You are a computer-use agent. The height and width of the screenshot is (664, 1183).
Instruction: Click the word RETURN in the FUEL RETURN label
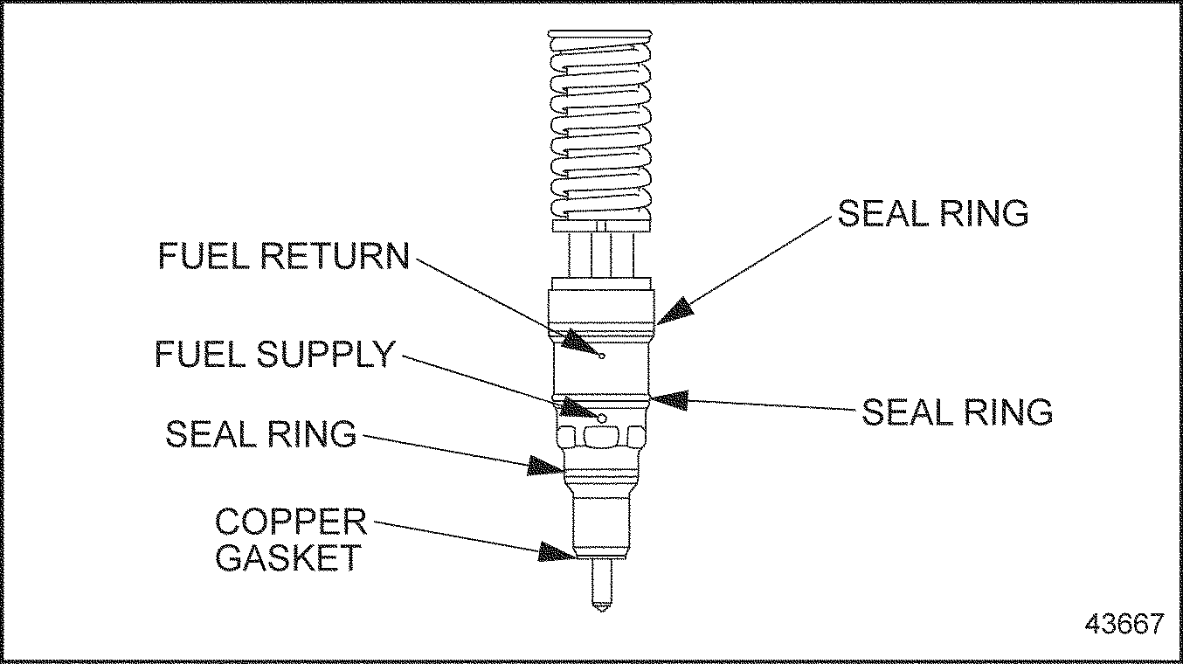point(336,255)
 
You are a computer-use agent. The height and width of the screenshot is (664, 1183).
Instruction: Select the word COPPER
point(291,522)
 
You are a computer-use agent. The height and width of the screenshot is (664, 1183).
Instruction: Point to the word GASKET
point(287,557)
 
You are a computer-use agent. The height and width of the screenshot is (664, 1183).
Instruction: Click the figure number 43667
point(1124,624)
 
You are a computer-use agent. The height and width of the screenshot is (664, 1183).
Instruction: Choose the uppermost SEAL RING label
point(932,213)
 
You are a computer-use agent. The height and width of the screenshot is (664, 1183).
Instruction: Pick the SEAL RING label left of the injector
point(260,433)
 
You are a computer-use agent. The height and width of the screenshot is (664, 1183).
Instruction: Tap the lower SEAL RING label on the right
point(957,412)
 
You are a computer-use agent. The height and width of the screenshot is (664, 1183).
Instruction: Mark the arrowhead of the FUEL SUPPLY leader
point(578,407)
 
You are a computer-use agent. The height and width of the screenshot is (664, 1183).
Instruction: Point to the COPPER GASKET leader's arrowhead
point(557,551)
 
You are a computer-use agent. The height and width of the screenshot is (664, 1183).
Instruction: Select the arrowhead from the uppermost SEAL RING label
point(675,310)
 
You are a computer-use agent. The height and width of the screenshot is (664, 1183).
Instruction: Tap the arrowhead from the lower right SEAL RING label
point(667,399)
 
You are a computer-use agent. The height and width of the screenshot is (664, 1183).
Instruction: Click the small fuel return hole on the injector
point(602,356)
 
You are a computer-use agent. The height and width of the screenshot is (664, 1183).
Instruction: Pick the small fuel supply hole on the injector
point(602,418)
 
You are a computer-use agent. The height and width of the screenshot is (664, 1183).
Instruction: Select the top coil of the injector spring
point(600,38)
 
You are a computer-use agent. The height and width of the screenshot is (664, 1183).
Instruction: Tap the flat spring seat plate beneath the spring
point(601,225)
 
